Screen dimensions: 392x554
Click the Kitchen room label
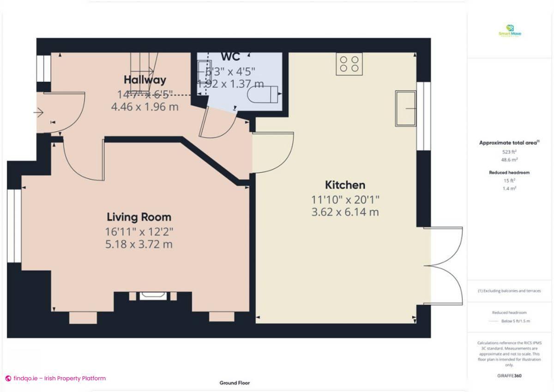click(x=345, y=185)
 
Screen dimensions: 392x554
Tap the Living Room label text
click(x=138, y=217)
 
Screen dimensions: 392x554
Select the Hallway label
click(x=145, y=80)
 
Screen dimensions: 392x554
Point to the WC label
click(x=230, y=56)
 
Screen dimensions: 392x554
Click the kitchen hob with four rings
click(x=349, y=64)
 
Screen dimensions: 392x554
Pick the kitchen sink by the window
click(x=405, y=109)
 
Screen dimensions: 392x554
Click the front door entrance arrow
click(x=38, y=112)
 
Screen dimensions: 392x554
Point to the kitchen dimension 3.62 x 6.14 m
click(x=345, y=212)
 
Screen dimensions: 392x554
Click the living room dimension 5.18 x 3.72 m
click(x=138, y=244)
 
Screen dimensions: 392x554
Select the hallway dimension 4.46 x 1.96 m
click(x=145, y=107)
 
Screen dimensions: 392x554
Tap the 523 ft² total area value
click(x=509, y=151)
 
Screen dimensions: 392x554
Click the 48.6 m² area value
click(x=509, y=159)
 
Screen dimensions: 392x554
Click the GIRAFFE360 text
click(x=510, y=376)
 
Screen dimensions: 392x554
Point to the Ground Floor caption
click(x=235, y=383)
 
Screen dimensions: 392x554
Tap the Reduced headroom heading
click(x=509, y=172)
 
